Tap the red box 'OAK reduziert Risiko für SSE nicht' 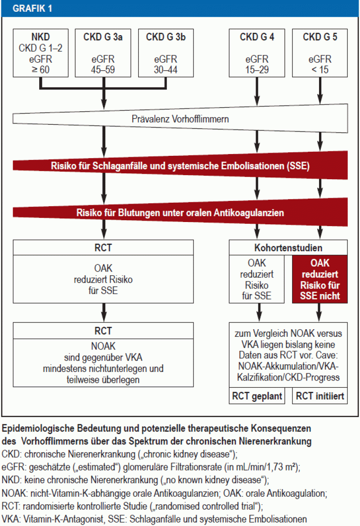tap(319, 279)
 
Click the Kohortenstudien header tap(288, 248)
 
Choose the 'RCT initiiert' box tap(320, 397)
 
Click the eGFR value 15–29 tap(257, 70)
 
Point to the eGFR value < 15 tap(320, 70)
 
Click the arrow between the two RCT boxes tap(103, 311)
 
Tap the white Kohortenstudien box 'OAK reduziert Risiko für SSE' tap(257, 279)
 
